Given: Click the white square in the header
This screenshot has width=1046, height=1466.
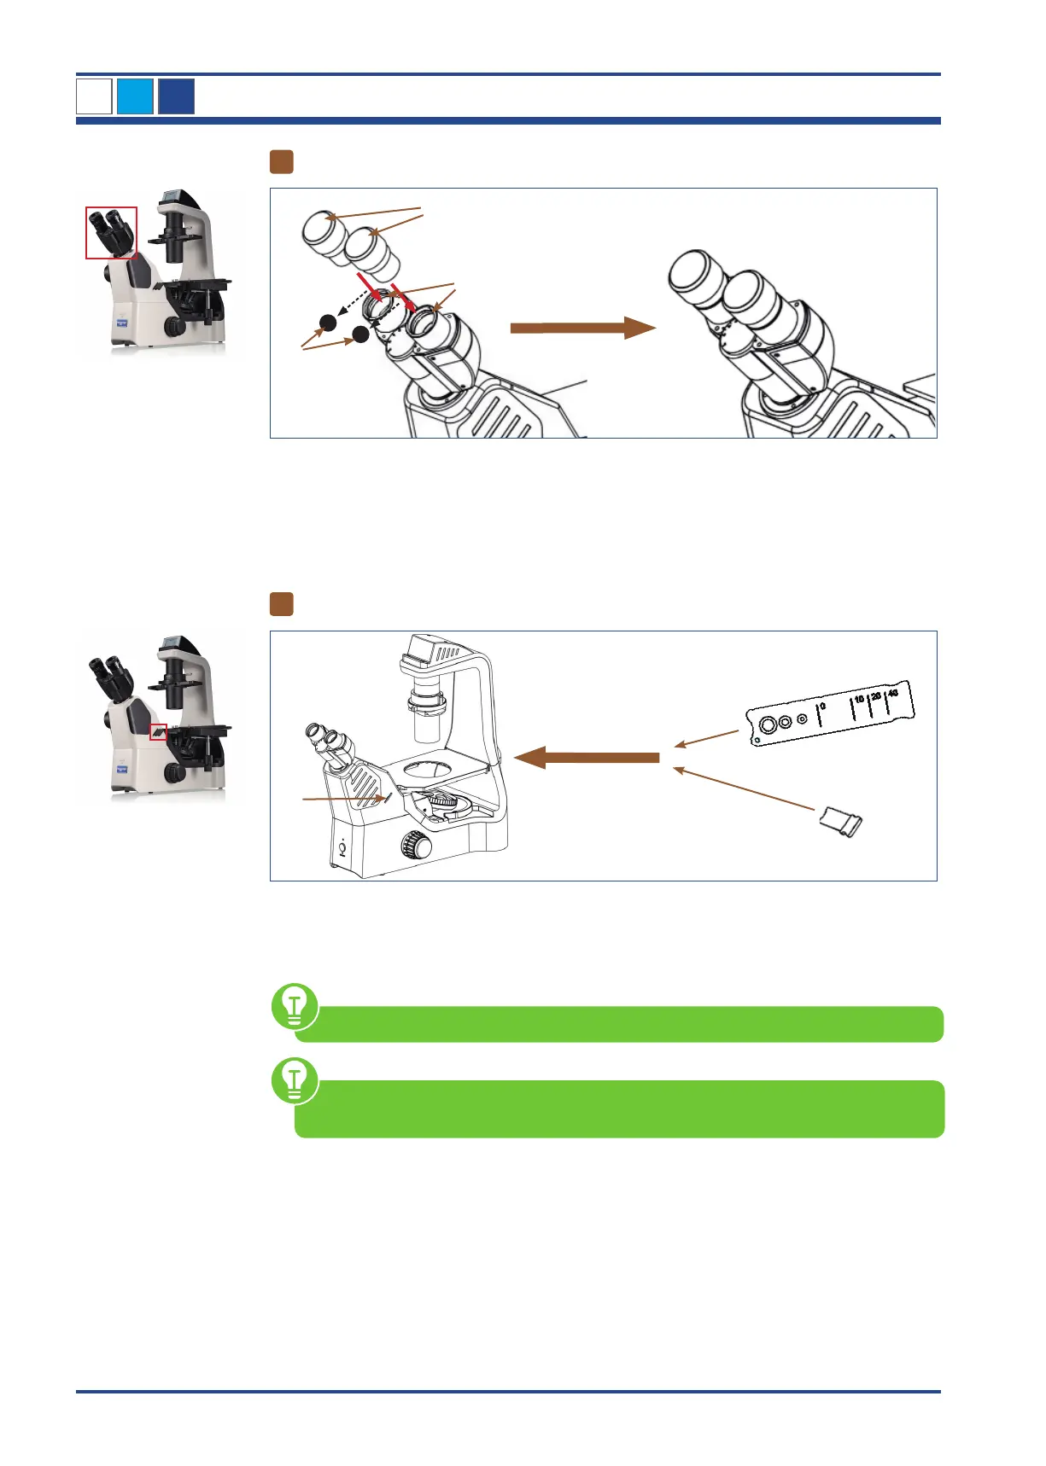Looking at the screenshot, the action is point(94,96).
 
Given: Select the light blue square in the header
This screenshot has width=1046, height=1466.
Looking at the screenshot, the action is point(135,96).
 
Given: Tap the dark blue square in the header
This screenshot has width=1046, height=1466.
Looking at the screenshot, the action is point(176,96).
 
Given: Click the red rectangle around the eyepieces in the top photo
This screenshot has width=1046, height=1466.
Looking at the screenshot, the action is point(111,232).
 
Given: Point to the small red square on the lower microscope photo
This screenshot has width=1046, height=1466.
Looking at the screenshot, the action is point(158,732).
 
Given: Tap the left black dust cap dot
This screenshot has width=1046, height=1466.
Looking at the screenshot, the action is point(328,323).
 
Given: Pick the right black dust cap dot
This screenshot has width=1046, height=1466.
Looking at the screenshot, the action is point(361,335).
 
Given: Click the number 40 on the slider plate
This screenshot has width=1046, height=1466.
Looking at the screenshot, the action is point(893,694).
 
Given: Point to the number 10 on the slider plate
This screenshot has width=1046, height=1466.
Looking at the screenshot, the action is point(858,700).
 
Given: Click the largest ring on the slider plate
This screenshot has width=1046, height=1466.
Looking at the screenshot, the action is point(767,725).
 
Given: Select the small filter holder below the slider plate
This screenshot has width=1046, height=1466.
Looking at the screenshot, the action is point(840,822).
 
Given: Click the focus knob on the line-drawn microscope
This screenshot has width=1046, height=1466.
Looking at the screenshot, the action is point(418,846).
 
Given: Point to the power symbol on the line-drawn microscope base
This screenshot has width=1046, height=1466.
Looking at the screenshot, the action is point(342,848).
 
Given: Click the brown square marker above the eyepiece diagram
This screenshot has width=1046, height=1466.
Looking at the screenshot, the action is point(282,162).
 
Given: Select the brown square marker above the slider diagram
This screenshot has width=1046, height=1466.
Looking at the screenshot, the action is point(282,604).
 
